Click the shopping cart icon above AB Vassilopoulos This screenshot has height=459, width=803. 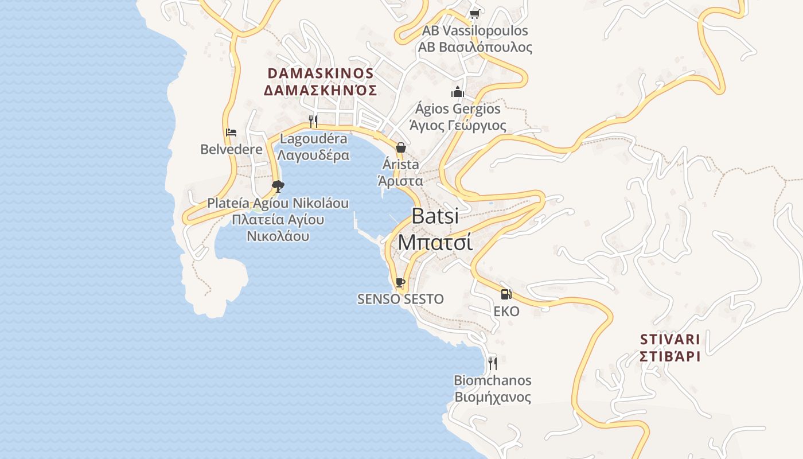tap(474, 14)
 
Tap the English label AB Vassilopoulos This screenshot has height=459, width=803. tap(475, 30)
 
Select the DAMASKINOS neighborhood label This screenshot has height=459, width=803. tap(321, 73)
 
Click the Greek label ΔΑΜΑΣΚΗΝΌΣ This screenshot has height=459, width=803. tap(321, 90)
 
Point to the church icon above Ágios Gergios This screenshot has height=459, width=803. tap(457, 92)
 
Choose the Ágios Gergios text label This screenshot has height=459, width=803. tap(458, 108)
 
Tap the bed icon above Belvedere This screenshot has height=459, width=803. tap(231, 133)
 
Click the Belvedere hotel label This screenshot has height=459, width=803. tap(231, 149)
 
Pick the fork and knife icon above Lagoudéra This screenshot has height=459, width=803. tap(313, 121)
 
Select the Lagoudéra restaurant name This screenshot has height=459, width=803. tap(313, 139)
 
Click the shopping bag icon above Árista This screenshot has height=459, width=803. tap(401, 147)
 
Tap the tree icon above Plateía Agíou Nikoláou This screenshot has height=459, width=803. tap(278, 186)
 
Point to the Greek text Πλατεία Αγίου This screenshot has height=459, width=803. tap(278, 220)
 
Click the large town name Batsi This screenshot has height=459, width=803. tap(435, 216)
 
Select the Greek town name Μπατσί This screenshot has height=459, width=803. tap(435, 242)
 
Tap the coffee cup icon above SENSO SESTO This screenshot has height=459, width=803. tap(400, 282)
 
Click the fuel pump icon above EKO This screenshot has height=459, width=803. tap(506, 294)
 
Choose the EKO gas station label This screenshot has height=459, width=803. tap(506, 312)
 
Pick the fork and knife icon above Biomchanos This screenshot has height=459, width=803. tap(492, 363)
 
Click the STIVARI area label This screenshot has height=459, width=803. tap(670, 339)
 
